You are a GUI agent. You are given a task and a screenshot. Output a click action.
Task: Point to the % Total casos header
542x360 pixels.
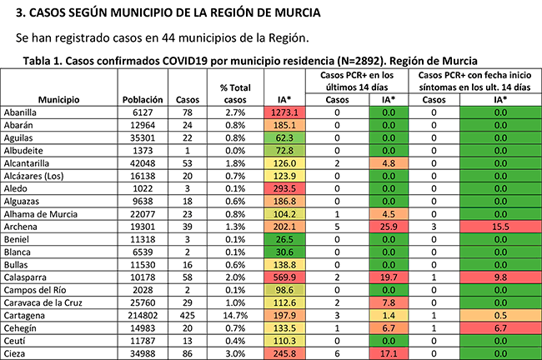(234, 92)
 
